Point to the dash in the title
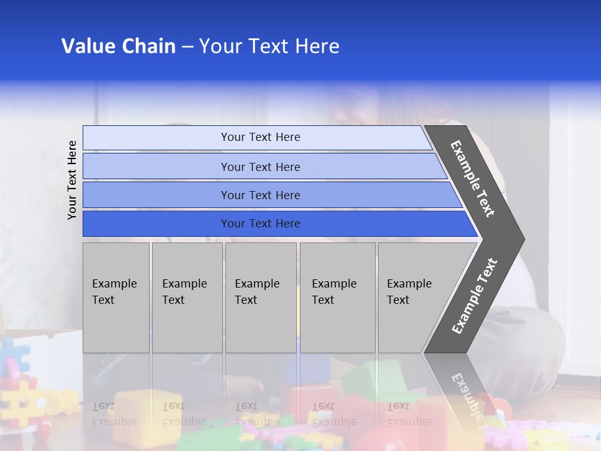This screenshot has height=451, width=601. tap(187, 47)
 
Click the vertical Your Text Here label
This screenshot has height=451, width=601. tap(72, 180)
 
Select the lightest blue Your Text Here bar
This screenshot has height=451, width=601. tap(260, 137)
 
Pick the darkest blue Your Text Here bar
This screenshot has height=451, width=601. tap(260, 224)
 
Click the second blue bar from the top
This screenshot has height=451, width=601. tap(260, 167)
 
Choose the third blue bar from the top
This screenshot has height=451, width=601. tap(260, 195)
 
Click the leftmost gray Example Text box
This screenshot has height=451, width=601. tap(116, 298)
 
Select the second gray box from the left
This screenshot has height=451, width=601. tap(187, 298)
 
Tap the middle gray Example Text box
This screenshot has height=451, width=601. tap(260, 298)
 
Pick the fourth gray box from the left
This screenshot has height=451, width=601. tap(337, 298)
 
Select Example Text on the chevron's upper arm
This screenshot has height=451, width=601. tap(473, 179)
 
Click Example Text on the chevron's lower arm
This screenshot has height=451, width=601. tap(475, 296)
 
